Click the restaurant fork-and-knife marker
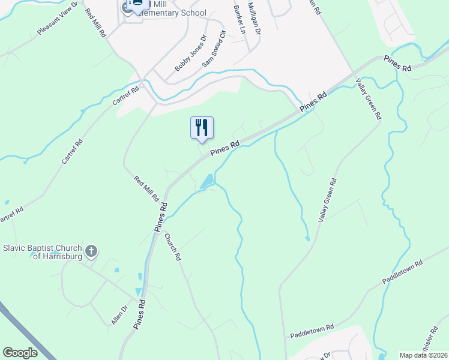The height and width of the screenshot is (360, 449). [202, 127]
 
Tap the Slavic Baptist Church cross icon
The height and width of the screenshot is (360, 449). [91, 251]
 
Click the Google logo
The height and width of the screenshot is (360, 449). [20, 353]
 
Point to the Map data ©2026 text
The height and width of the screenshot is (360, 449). [423, 355]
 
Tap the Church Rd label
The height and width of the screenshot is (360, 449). [173, 247]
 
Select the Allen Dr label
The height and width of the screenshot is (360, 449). [120, 316]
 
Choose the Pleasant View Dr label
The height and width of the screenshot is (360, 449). [58, 20]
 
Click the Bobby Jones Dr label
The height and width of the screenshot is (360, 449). [190, 53]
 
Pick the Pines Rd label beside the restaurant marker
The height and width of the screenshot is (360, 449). [225, 148]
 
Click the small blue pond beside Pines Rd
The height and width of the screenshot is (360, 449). [206, 181]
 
